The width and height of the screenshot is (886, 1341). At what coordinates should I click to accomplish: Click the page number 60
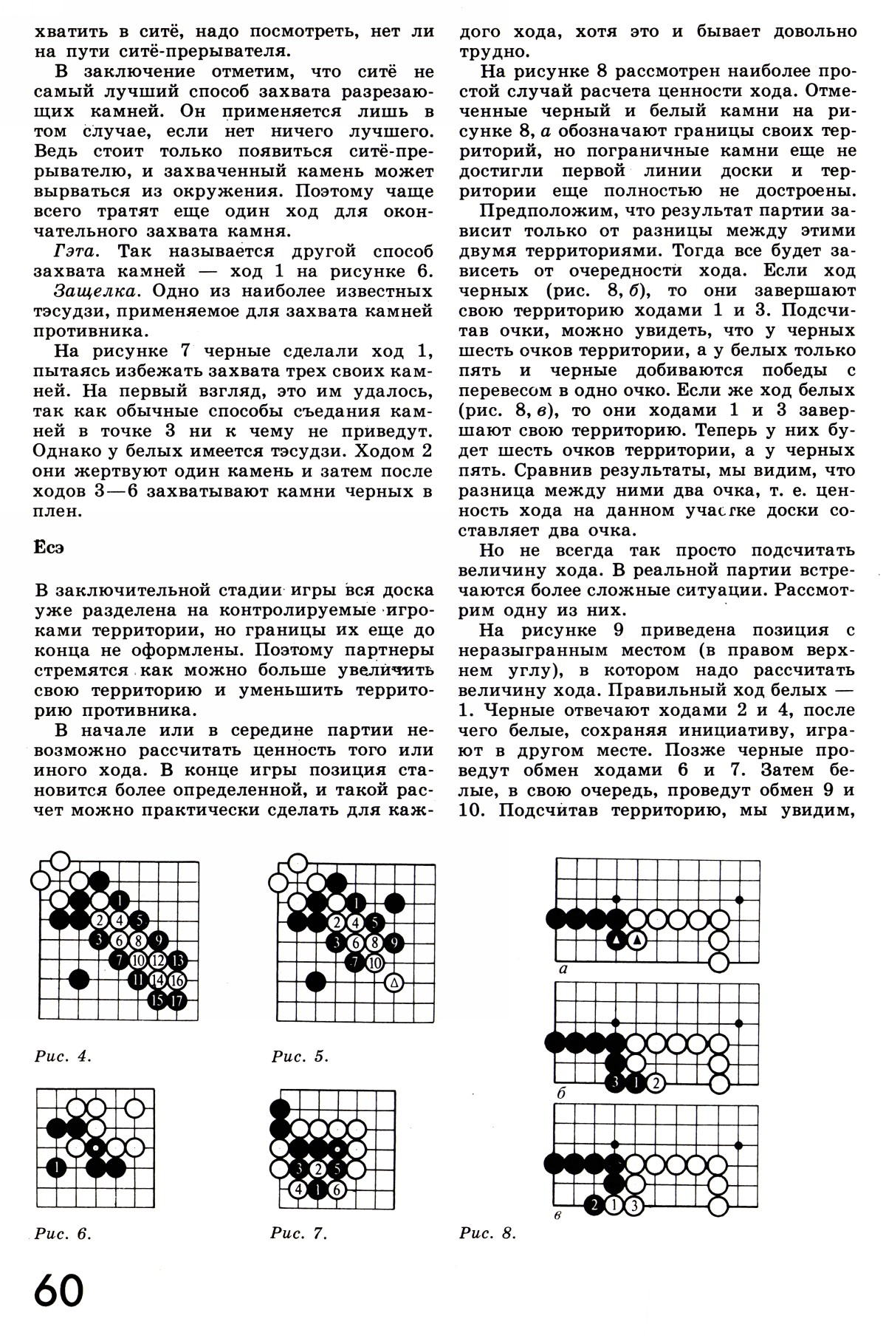coord(59,1292)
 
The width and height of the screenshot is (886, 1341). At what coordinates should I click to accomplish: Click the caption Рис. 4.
coord(63,1056)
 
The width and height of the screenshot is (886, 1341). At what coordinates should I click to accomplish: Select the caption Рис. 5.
coord(300,1056)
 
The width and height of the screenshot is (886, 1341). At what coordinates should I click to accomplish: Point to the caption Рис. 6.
coord(63,1233)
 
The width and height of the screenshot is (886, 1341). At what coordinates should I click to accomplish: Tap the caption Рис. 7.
coord(299,1233)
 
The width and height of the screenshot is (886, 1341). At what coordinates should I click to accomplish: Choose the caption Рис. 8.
coord(487,1233)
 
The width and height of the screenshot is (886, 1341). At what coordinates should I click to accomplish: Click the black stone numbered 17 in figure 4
coord(177,1001)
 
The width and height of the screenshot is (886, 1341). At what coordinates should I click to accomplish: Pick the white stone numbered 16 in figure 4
coord(177,981)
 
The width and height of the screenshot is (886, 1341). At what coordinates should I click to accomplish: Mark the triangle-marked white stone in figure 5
coord(394,982)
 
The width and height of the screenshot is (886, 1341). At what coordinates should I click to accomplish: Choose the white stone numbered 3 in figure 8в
coord(634,1206)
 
